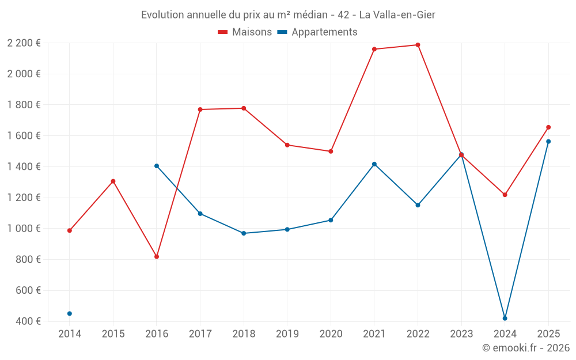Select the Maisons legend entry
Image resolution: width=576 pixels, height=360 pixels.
(x=245, y=32)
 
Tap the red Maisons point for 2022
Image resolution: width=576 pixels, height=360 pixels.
(x=418, y=45)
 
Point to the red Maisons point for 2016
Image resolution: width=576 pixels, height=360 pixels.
(x=157, y=257)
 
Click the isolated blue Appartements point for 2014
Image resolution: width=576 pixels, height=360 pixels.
(x=70, y=313)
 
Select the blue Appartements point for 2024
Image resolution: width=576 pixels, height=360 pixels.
(x=505, y=319)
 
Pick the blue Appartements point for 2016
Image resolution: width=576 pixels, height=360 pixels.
(x=157, y=166)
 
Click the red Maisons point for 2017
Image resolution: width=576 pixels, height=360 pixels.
(x=200, y=109)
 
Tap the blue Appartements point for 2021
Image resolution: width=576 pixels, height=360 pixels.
(x=374, y=164)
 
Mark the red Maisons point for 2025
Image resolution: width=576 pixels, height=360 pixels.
(x=548, y=127)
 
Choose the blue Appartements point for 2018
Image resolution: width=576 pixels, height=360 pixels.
(x=244, y=233)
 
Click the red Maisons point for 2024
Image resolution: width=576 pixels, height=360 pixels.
(x=505, y=195)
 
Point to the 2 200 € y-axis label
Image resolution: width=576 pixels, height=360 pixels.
(x=24, y=43)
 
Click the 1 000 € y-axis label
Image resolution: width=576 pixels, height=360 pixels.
(x=24, y=229)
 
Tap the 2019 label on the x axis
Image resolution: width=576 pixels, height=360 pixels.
(x=287, y=334)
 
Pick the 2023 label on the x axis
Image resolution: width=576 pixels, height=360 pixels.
(x=461, y=334)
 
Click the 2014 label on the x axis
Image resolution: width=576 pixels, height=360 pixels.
(x=70, y=334)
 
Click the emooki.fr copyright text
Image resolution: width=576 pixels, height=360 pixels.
(x=525, y=348)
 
